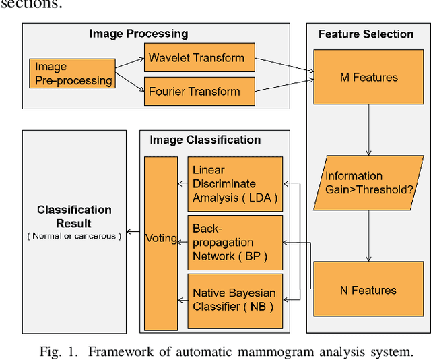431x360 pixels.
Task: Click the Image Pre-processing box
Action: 71,73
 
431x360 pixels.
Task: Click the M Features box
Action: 368,78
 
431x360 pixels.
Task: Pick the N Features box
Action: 368,290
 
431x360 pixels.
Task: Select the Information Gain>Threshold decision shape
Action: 368,183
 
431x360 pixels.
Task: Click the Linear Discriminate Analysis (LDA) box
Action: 234,184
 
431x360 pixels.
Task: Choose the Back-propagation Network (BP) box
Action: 234,242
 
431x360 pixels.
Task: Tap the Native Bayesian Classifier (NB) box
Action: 234,299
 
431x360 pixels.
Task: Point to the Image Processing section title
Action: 139,34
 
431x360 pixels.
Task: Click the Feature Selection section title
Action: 366,34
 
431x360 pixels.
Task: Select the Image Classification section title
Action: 205,140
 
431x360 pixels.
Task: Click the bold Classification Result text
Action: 74,216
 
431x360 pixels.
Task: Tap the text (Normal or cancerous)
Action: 74,236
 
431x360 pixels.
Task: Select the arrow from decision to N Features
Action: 368,236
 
